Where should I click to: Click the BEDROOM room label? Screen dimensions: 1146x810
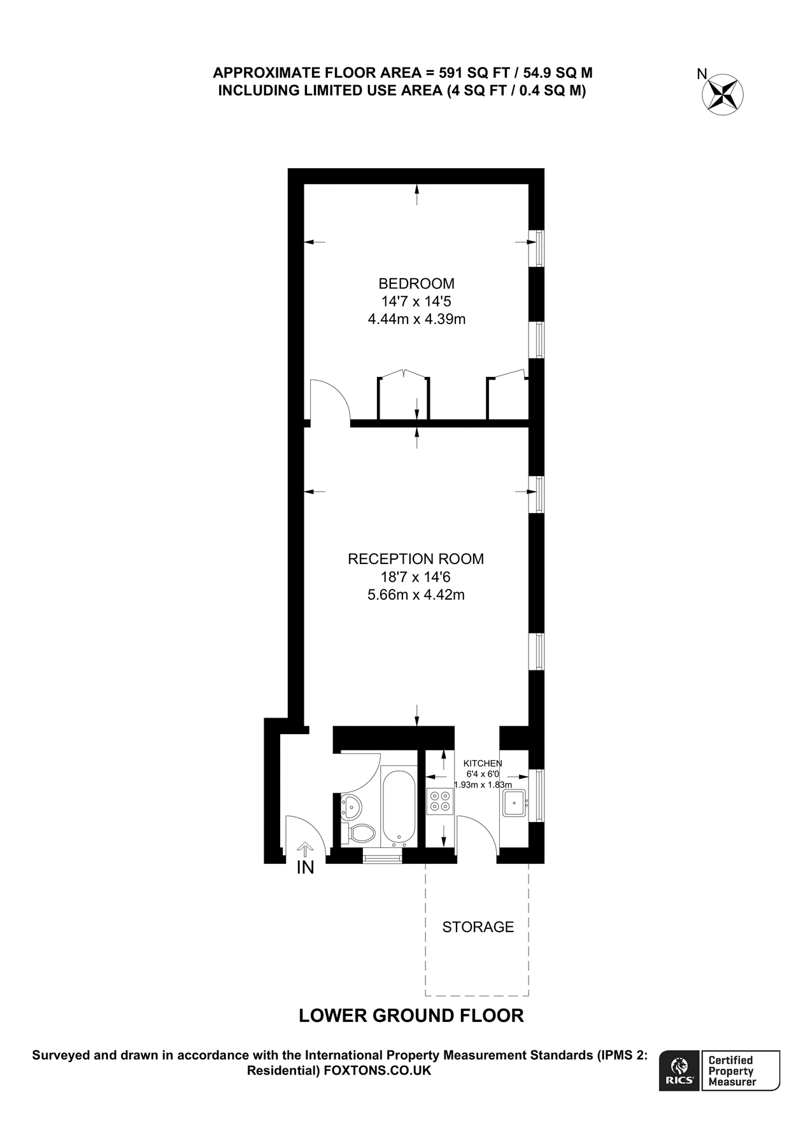tap(416, 283)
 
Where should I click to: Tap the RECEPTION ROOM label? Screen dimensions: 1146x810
tap(416, 559)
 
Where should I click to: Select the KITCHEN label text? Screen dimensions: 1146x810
tap(482, 763)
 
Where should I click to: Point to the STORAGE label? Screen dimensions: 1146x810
tap(478, 927)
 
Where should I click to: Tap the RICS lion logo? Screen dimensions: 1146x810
tap(679, 1071)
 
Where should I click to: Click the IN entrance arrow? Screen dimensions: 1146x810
tap(306, 849)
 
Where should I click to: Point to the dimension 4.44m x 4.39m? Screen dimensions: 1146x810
tap(416, 319)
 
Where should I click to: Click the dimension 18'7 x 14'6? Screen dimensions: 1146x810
tap(416, 577)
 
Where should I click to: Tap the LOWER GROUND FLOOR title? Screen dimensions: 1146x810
tap(411, 1015)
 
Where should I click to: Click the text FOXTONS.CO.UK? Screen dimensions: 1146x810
tap(377, 1071)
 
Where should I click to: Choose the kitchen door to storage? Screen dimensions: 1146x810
tap(478, 831)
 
